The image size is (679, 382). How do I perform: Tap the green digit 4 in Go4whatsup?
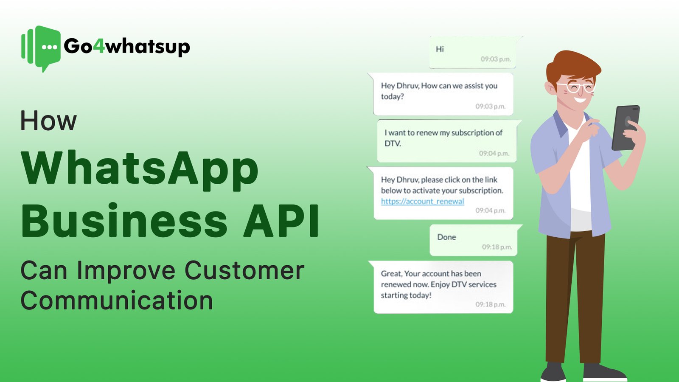point(98,46)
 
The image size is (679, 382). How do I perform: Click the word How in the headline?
point(48,121)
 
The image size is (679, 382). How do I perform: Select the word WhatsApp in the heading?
point(140,169)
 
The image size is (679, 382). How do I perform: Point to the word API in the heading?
point(281,221)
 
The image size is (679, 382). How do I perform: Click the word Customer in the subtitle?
point(244,270)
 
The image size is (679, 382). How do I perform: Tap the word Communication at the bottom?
point(117,301)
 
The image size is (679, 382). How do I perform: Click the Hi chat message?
point(440,49)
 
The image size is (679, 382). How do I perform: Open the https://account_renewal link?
point(422,201)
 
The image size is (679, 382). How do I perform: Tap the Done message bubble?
point(446,237)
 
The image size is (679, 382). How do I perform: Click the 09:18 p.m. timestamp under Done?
point(497,247)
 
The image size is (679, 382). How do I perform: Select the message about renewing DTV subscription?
point(443,138)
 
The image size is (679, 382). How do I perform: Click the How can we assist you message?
point(439,91)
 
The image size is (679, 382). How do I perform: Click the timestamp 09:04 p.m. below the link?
point(490,211)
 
